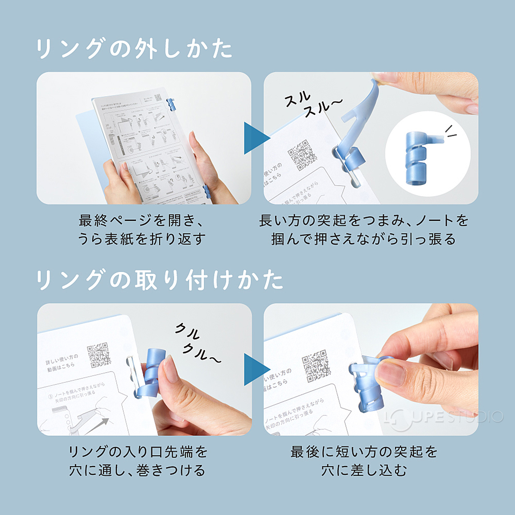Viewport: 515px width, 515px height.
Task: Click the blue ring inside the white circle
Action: [418, 158]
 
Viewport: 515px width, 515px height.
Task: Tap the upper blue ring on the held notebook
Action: [171, 105]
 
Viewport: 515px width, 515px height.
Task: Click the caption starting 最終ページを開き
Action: [142, 221]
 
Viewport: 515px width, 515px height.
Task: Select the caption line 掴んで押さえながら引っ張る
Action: [364, 239]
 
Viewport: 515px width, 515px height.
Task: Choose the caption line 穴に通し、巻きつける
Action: [138, 471]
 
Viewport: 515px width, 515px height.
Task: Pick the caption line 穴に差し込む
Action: [364, 471]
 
